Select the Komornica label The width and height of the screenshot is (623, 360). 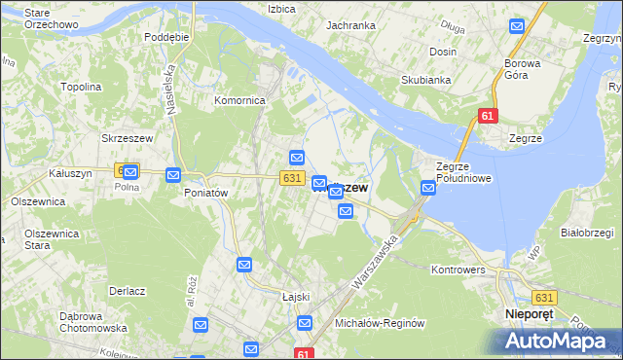(240, 100)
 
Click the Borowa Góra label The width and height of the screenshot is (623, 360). (529, 70)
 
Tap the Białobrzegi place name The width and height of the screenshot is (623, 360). (585, 233)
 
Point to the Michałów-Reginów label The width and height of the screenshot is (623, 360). (381, 322)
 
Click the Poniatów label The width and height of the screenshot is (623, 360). (205, 193)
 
